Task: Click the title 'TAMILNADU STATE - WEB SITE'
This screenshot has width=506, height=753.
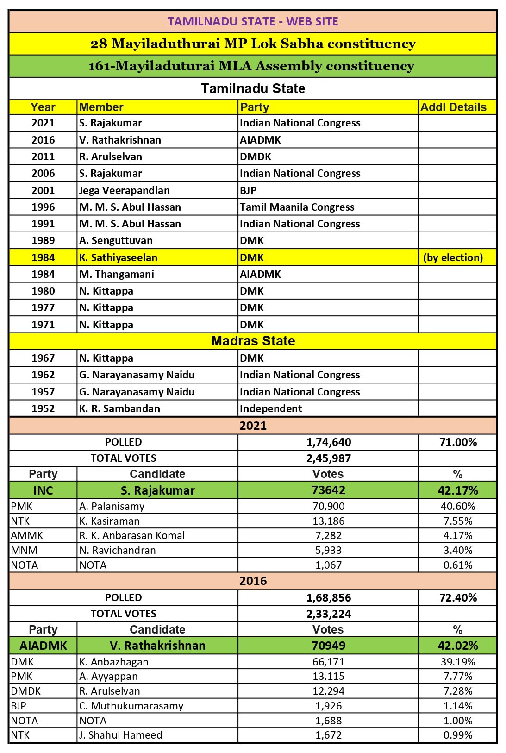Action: pos(253,21)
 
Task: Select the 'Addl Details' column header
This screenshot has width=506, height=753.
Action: pos(453,107)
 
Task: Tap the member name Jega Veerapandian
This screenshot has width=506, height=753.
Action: pos(125,190)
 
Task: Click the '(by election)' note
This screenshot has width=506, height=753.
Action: pos(453,257)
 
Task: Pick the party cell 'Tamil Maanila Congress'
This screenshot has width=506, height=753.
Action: pos(297,207)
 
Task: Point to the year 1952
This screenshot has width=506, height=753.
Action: pos(43,408)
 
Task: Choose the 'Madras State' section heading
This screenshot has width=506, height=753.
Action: pos(253,341)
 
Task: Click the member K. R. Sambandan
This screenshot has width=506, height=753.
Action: pos(119,408)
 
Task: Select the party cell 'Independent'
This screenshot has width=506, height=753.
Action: pos(271,408)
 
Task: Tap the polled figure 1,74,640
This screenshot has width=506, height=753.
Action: pos(329,442)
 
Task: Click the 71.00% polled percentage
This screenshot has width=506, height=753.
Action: pos(458,442)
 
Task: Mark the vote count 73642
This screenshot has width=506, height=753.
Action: pos(329,490)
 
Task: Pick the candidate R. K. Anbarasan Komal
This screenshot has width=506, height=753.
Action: pos(132,535)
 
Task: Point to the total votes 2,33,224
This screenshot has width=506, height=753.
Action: pos(329,614)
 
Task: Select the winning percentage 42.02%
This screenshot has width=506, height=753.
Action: pos(458,646)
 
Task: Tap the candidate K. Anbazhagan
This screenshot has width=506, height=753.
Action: pos(114,662)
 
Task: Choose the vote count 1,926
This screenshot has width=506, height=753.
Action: pos(329,706)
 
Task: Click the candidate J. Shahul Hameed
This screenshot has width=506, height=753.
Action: pos(120,735)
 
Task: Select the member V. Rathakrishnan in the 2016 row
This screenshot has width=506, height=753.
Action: pos(120,140)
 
